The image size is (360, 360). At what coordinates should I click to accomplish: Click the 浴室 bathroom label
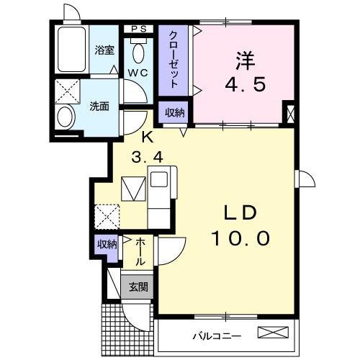105,50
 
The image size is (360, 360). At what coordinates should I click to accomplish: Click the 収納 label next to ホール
107,245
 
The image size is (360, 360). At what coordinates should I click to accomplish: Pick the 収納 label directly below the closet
174,112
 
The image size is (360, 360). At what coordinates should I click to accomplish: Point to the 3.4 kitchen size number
146,156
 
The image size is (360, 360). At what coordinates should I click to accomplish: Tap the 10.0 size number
240,237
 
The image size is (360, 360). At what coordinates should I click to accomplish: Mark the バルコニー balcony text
216,336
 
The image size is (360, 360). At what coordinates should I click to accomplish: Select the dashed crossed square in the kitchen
107,215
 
